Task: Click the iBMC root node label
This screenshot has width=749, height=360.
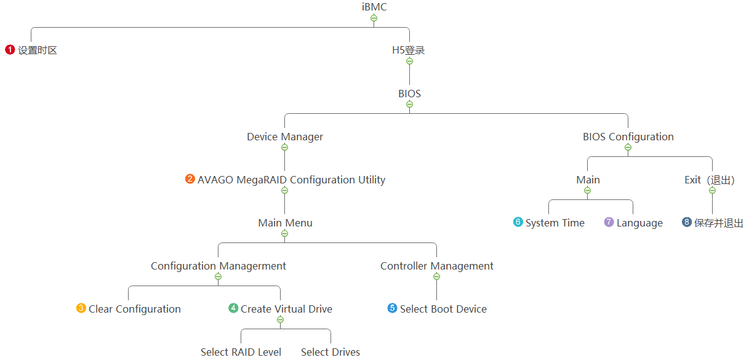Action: pyautogui.click(x=374, y=7)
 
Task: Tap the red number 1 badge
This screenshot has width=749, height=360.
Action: pyautogui.click(x=10, y=50)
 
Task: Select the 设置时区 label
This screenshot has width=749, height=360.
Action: pyautogui.click(x=38, y=50)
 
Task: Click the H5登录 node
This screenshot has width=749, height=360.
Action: pyautogui.click(x=409, y=50)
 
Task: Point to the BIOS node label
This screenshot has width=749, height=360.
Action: pyautogui.click(x=409, y=94)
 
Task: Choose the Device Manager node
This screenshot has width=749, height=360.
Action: pyautogui.click(x=285, y=137)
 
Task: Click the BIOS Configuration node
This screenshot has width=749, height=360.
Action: pyautogui.click(x=628, y=137)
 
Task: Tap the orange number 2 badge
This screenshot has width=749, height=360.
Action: pyautogui.click(x=190, y=179)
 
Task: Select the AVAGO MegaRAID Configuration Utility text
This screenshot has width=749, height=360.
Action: pyautogui.click(x=291, y=180)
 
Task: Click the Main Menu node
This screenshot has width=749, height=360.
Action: pyautogui.click(x=285, y=223)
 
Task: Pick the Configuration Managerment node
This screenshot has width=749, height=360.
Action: pyautogui.click(x=218, y=266)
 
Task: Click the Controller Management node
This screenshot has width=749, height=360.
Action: pyautogui.click(x=437, y=266)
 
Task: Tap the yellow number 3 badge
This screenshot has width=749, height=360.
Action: pyautogui.click(x=81, y=308)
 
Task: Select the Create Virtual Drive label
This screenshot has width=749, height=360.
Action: pyautogui.click(x=286, y=309)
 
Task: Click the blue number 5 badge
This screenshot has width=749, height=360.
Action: pyautogui.click(x=393, y=308)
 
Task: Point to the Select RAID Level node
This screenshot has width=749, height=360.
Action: pyautogui.click(x=241, y=352)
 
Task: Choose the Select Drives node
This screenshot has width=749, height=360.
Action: pyautogui.click(x=330, y=352)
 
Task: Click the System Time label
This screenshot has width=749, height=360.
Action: pyautogui.click(x=555, y=223)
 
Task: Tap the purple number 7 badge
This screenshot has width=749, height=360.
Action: pyautogui.click(x=609, y=222)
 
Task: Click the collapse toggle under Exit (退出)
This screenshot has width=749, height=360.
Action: pyautogui.click(x=712, y=190)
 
